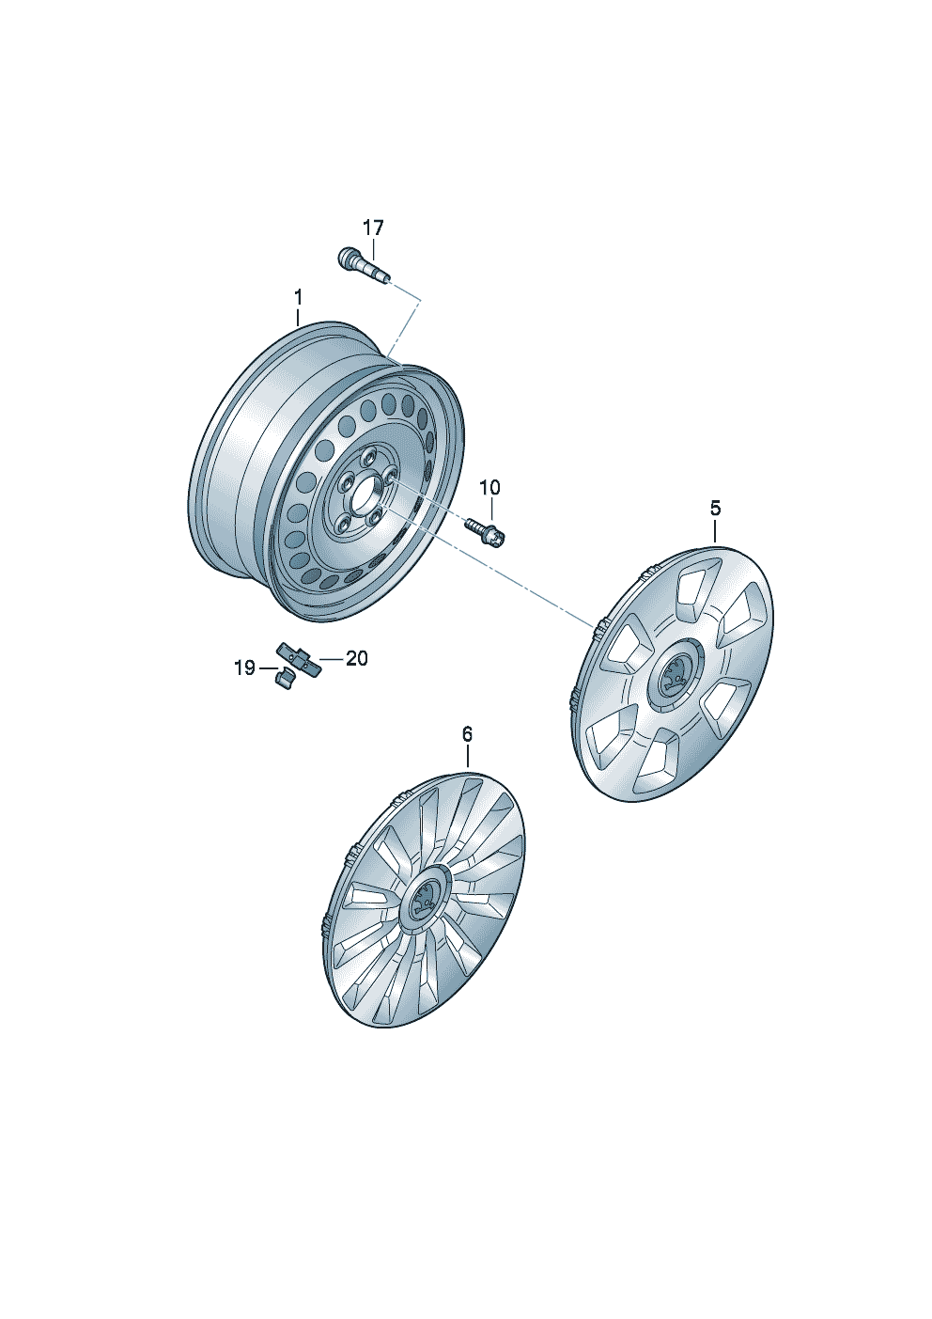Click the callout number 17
coord(372,228)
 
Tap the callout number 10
coord(489,488)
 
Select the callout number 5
coord(715,508)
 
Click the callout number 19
coord(245,668)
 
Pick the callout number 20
coord(357,658)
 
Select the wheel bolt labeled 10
coord(487,532)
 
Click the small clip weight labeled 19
coord(284,679)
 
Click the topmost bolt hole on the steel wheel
coord(369,455)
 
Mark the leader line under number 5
coord(715,530)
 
